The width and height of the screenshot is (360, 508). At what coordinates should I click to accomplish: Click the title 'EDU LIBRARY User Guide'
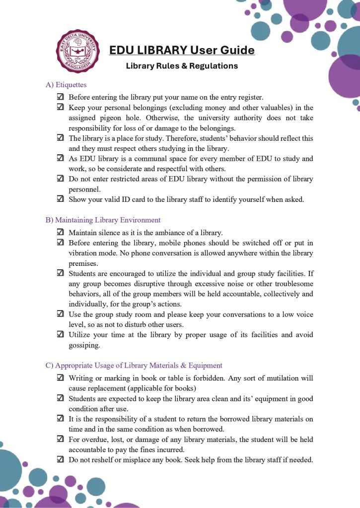point(182,50)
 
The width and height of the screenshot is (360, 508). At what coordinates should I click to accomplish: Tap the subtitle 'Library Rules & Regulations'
point(182,66)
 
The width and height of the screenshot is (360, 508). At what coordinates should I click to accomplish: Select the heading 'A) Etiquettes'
point(66,85)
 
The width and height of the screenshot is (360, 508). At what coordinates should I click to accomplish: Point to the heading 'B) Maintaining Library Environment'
point(103,220)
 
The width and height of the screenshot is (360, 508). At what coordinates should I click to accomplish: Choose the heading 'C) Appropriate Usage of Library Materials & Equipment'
point(134,366)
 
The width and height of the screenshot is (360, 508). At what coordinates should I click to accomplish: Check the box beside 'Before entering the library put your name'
point(60,97)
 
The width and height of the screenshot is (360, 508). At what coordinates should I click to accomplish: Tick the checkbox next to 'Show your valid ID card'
point(60,199)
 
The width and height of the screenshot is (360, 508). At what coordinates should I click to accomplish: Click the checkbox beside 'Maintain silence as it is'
point(60,232)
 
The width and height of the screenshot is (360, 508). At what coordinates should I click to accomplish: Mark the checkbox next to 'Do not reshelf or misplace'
point(60,459)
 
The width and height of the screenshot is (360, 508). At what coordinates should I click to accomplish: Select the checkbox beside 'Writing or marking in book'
point(60,378)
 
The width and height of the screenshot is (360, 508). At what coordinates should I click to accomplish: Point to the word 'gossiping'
point(84,345)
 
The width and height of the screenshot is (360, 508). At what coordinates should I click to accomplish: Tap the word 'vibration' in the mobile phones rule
point(84,253)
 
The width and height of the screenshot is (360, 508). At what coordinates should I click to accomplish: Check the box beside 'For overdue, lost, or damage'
point(60,439)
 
